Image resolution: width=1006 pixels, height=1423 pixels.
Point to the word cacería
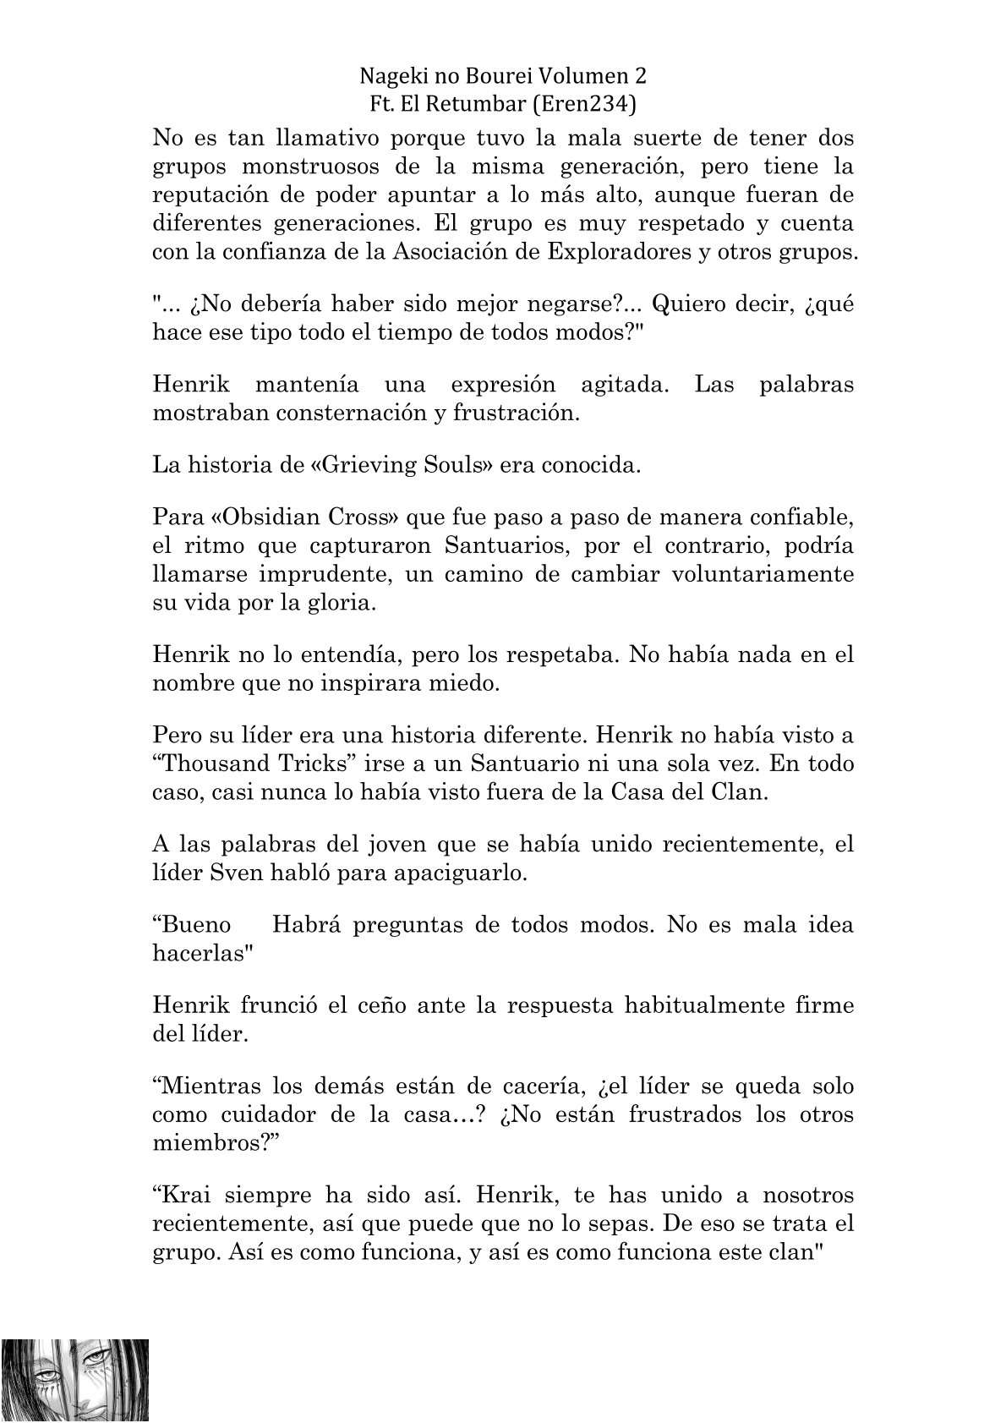[x=537, y=1086]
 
